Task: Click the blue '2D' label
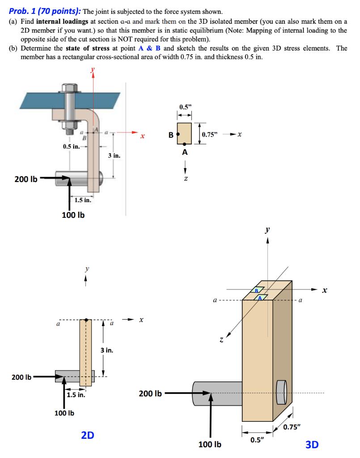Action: [x=88, y=434]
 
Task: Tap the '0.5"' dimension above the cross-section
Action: [x=184, y=107]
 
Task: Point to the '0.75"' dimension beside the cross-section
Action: [x=210, y=135]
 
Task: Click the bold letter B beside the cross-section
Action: [x=170, y=134]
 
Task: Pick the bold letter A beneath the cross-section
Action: [x=185, y=153]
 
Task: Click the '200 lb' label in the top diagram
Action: [x=25, y=179]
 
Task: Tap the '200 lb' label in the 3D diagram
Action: [x=150, y=394]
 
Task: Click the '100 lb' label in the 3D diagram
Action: [x=210, y=445]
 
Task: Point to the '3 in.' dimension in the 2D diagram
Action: [x=106, y=350]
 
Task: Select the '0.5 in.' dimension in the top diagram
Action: [x=72, y=146]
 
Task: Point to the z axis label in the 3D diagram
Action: [x=221, y=341]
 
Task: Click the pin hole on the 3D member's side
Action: [x=281, y=392]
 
